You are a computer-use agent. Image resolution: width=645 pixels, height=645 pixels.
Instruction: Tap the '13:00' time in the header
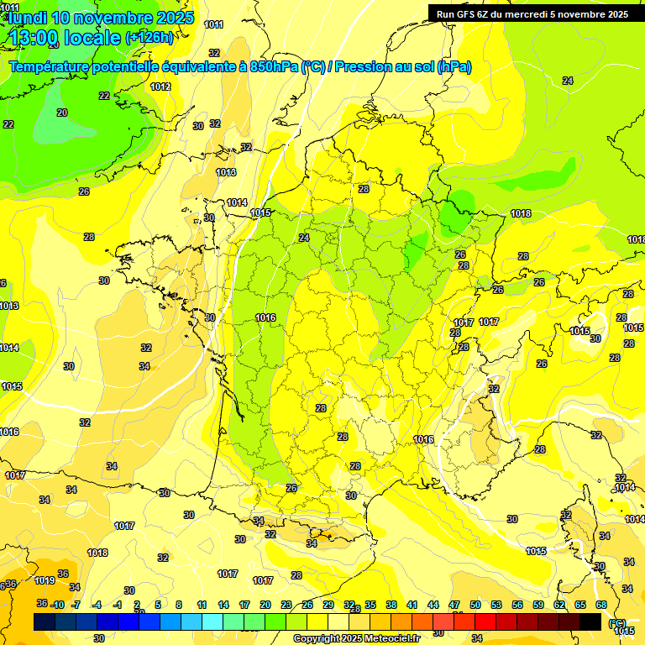tap(35, 37)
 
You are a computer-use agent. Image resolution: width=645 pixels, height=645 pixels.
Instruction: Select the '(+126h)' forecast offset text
tap(149, 37)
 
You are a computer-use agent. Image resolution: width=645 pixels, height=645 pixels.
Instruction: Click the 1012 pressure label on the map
tap(160, 87)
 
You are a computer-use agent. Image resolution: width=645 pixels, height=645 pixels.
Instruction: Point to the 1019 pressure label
tap(45, 580)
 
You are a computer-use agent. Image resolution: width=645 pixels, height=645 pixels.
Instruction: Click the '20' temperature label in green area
tap(62, 113)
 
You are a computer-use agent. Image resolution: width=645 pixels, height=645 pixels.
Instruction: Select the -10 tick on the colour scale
tap(57, 605)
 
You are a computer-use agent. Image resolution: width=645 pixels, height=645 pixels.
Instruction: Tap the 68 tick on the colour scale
tap(601, 605)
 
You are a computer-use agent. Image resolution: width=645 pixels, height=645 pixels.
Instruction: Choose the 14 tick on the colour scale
tap(223, 605)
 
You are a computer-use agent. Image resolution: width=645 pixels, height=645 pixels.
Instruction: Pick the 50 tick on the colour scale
tap(475, 605)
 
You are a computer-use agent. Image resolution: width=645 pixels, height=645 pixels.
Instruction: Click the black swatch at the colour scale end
tap(590, 621)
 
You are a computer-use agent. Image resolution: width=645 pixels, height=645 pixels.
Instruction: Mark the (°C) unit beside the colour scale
tap(617, 622)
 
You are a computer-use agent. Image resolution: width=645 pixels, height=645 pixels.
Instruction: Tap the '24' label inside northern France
tap(304, 238)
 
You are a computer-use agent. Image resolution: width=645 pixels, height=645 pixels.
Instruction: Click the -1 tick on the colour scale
tap(118, 605)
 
